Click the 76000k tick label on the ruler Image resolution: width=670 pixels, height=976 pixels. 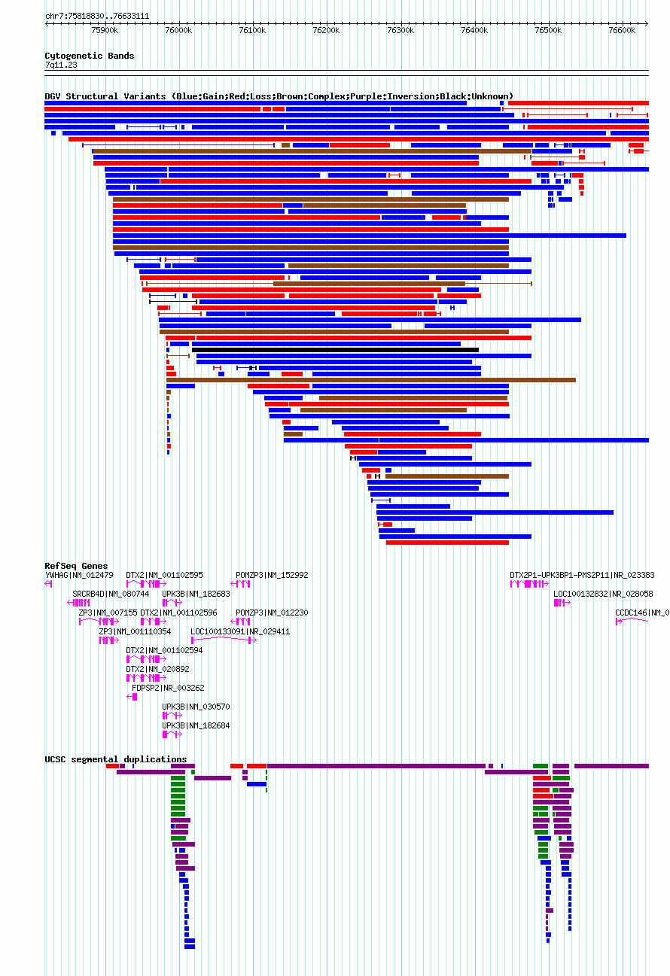pos(178,31)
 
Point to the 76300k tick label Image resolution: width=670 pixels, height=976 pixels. pos(400,31)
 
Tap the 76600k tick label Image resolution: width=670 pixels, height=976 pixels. pos(622,31)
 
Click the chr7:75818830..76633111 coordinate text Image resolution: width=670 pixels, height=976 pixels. pos(97,16)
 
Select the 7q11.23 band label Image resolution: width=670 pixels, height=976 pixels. pos(61,65)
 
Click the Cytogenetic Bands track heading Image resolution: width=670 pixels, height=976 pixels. pos(90,56)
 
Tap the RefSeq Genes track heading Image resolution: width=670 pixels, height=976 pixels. pos(76,566)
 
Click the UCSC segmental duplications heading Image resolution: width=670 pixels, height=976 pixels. pos(116,759)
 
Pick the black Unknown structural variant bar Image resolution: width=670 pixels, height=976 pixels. pos(335,350)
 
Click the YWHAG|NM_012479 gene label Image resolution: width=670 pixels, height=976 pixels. pos(79,575)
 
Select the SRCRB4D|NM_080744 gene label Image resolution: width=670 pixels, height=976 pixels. pos(111,594)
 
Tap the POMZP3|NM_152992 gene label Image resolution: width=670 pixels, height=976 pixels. pos(272,575)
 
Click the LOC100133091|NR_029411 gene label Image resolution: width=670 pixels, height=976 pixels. pos(240,631)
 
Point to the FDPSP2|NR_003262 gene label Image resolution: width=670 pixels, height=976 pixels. pos(168,688)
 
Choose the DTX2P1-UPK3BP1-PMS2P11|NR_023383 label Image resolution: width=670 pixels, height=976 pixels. pos(582,575)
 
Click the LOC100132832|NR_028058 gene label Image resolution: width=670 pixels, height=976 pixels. pos(603,594)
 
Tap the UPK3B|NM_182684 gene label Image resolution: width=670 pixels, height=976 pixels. pos(196,725)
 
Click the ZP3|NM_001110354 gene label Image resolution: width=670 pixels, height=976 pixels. pos(136,631)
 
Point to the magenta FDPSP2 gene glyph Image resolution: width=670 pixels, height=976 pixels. pos(132,697)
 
